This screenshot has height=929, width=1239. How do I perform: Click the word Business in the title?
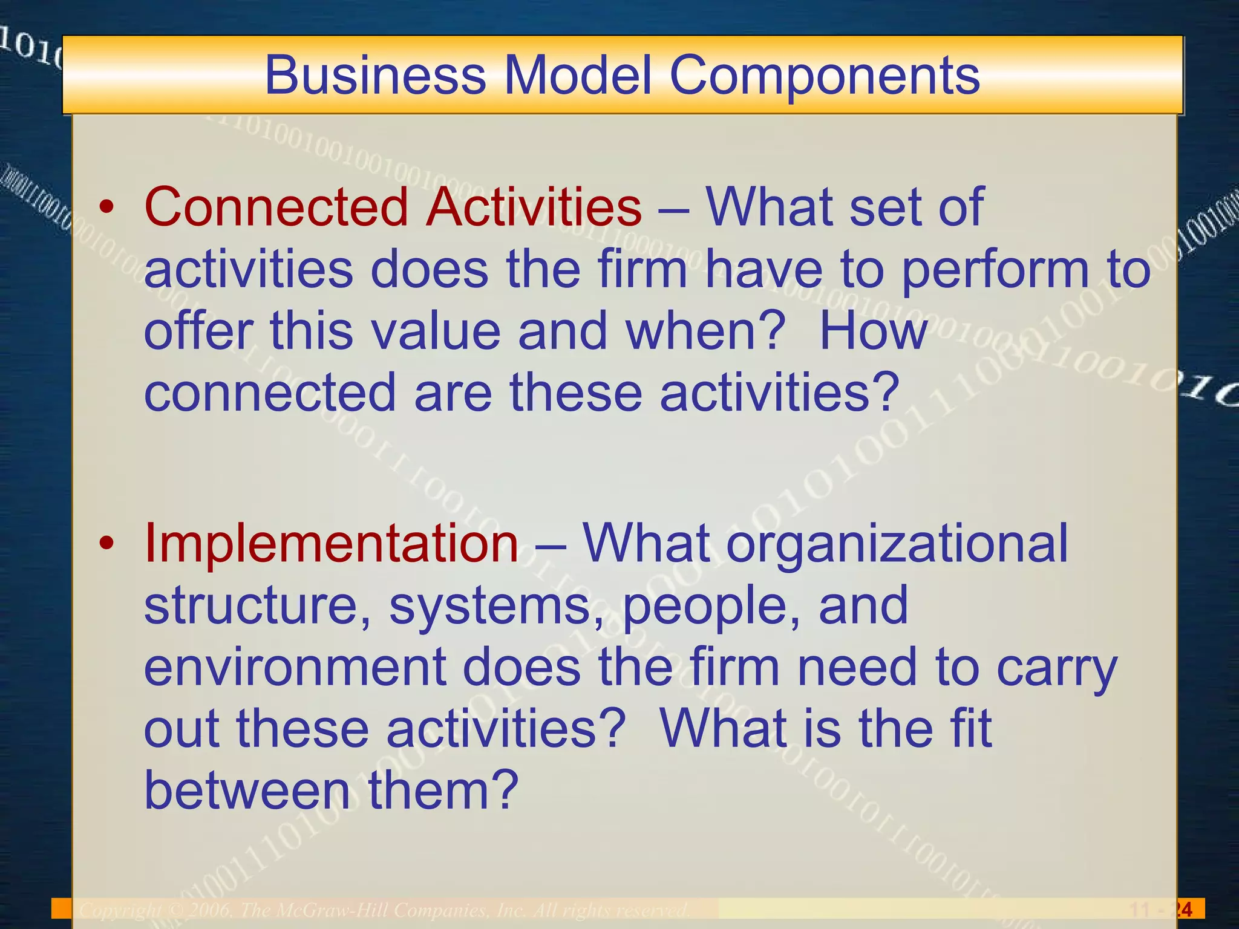(x=375, y=75)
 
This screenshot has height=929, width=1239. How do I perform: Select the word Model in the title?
(x=578, y=75)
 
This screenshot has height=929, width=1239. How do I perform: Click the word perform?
(x=996, y=271)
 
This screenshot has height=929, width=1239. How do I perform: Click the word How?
(x=873, y=331)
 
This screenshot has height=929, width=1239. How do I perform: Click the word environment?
(x=295, y=667)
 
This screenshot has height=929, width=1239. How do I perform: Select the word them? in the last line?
(x=443, y=790)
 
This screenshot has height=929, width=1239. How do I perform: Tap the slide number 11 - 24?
(x=1161, y=909)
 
